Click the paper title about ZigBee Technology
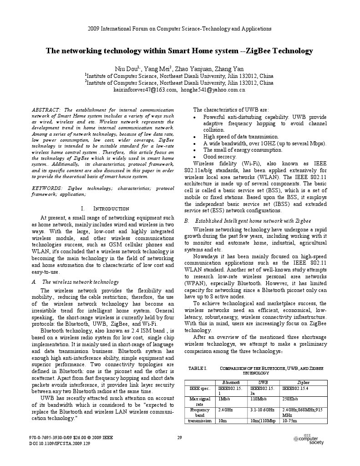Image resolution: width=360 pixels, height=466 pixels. tap(179, 51)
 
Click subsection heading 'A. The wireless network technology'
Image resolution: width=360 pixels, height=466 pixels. tap(76, 282)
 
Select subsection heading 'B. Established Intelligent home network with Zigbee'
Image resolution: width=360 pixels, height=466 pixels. tap(248, 220)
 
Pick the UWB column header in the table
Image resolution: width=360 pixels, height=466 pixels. tap(263, 383)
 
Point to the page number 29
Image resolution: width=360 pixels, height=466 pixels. tap(179, 438)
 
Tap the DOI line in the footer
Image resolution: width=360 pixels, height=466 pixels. tap(60, 443)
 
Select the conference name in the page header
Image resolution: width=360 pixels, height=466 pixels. tap(179, 28)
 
